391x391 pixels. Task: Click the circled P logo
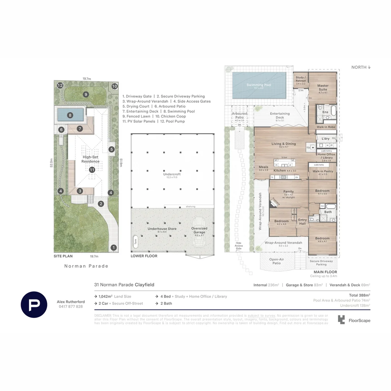pos(34,304)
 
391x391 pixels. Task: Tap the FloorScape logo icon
pos(341,319)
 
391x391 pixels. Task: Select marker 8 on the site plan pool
pos(70,116)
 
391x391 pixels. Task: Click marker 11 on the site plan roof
pos(92,169)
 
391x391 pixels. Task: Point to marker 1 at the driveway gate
pos(114,248)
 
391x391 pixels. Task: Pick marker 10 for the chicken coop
pos(114,86)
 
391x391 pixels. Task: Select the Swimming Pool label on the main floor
pos(259,85)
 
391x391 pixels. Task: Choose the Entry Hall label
pos(302,222)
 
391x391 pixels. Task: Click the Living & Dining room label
pos(283,144)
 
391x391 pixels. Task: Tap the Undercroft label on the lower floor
pos(172,174)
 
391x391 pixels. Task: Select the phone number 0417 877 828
pos(71,307)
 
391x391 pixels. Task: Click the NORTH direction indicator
pos(361,67)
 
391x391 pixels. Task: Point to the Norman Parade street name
pos(86,266)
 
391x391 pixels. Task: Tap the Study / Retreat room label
pos(300,79)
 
